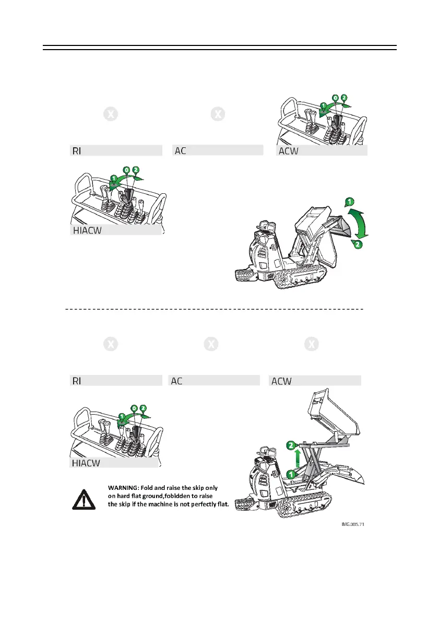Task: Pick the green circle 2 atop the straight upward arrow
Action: [x=293, y=445]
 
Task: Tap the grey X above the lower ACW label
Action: [x=312, y=345]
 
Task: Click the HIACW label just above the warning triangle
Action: [x=86, y=463]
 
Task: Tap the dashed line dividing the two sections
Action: [x=214, y=309]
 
